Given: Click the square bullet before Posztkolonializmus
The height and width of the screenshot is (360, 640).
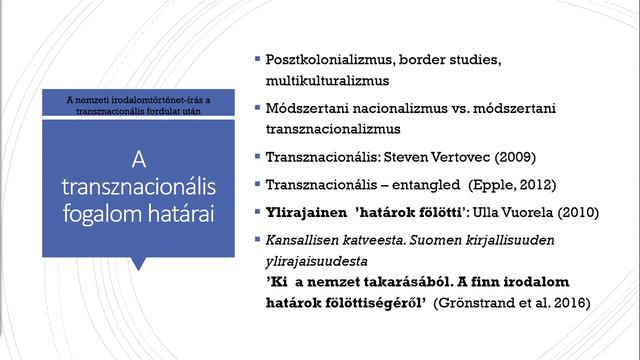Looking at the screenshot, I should (257, 57).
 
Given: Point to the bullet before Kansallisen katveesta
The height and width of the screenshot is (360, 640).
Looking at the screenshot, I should (257, 240).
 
